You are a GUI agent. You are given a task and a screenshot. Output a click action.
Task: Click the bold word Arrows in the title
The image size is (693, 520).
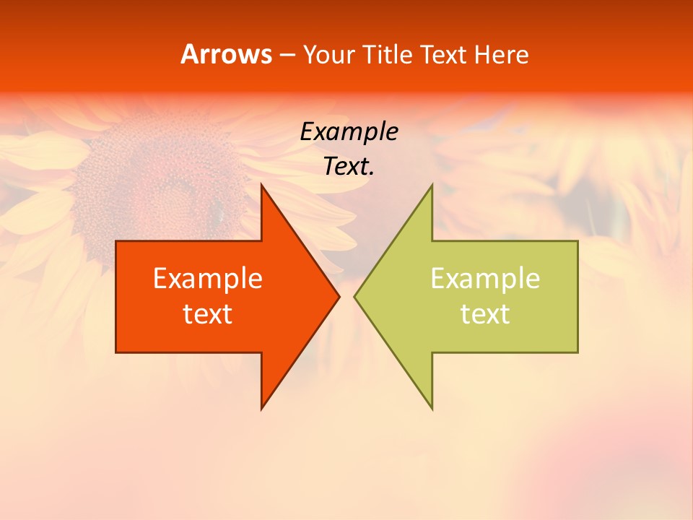click(x=226, y=55)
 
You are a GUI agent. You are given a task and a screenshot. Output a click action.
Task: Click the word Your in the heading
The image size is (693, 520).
click(x=328, y=55)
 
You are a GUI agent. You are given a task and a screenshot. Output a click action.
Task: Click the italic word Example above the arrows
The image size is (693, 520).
click(x=349, y=131)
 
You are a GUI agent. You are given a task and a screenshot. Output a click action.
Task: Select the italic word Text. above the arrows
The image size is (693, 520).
click(x=349, y=166)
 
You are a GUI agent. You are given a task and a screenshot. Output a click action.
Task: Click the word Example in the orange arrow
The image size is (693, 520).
click(x=208, y=278)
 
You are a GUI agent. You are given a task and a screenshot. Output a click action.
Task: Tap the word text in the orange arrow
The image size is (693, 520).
click(x=208, y=313)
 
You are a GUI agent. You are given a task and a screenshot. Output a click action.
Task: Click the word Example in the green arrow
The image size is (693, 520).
click(x=485, y=278)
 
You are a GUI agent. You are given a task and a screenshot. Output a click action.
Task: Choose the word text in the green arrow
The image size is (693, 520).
click(x=485, y=313)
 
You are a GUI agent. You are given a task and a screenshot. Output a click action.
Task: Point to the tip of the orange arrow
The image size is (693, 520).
click(x=339, y=296)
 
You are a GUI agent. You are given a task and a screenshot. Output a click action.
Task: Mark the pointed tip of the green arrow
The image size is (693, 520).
click(x=355, y=296)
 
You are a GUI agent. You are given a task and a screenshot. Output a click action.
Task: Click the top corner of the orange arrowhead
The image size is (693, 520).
click(x=262, y=186)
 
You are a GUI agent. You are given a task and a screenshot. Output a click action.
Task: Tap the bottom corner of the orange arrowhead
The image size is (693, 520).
click(x=262, y=408)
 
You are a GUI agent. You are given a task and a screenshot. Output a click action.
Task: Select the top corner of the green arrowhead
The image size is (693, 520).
click(x=432, y=186)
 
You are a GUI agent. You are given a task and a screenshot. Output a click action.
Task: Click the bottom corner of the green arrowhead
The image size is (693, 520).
click(x=432, y=408)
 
